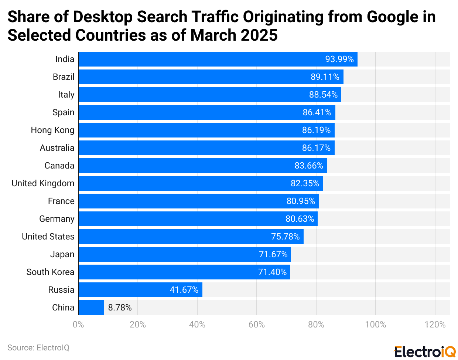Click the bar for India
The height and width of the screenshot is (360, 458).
click(x=218, y=59)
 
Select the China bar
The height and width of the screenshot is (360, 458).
click(x=91, y=308)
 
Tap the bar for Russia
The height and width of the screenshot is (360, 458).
click(x=140, y=290)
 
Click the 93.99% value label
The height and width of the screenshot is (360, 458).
click(x=339, y=59)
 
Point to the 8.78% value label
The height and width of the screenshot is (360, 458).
click(x=120, y=308)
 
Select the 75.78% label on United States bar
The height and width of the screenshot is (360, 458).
click(x=285, y=237)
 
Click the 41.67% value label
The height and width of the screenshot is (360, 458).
click(x=184, y=290)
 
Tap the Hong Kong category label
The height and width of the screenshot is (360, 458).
click(x=52, y=130)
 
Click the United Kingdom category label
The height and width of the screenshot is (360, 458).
click(x=43, y=183)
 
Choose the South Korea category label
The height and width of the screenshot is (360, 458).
click(x=50, y=272)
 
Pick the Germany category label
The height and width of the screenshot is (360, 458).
click(x=57, y=219)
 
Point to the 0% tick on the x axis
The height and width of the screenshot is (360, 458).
click(x=78, y=325)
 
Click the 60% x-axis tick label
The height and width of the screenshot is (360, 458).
click(x=256, y=325)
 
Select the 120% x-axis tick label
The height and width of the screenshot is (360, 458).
click(x=435, y=325)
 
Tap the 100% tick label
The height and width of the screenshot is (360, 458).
click(x=375, y=325)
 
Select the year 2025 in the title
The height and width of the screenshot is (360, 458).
click(x=259, y=35)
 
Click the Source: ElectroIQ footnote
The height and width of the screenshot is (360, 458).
click(x=38, y=348)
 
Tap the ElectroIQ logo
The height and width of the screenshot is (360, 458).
click(x=425, y=352)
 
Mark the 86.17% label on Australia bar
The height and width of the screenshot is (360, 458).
click(x=316, y=148)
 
